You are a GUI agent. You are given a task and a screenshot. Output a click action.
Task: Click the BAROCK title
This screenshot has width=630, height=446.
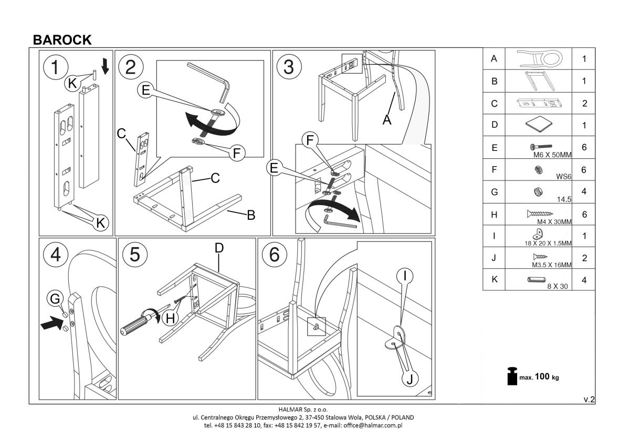pyautogui.click(x=62, y=40)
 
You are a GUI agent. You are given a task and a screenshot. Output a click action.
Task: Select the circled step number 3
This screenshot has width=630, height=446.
pyautogui.click(x=289, y=67)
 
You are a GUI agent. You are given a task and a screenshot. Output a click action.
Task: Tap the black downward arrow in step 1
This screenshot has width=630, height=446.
pyautogui.click(x=105, y=66)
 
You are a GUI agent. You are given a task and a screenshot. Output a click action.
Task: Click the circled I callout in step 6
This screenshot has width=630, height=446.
pyautogui.click(x=405, y=275)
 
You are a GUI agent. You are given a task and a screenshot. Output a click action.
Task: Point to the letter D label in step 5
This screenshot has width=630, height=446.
pyautogui.click(x=219, y=247)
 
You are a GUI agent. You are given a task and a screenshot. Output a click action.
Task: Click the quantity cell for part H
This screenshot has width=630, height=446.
pyautogui.click(x=584, y=214)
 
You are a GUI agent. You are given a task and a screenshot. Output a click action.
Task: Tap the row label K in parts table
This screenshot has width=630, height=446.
pyautogui.click(x=493, y=280)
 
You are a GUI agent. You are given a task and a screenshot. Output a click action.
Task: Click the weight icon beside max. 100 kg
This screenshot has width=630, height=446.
pyautogui.click(x=510, y=377)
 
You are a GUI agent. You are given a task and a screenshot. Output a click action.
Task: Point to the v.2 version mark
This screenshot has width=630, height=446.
pyautogui.click(x=589, y=400)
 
